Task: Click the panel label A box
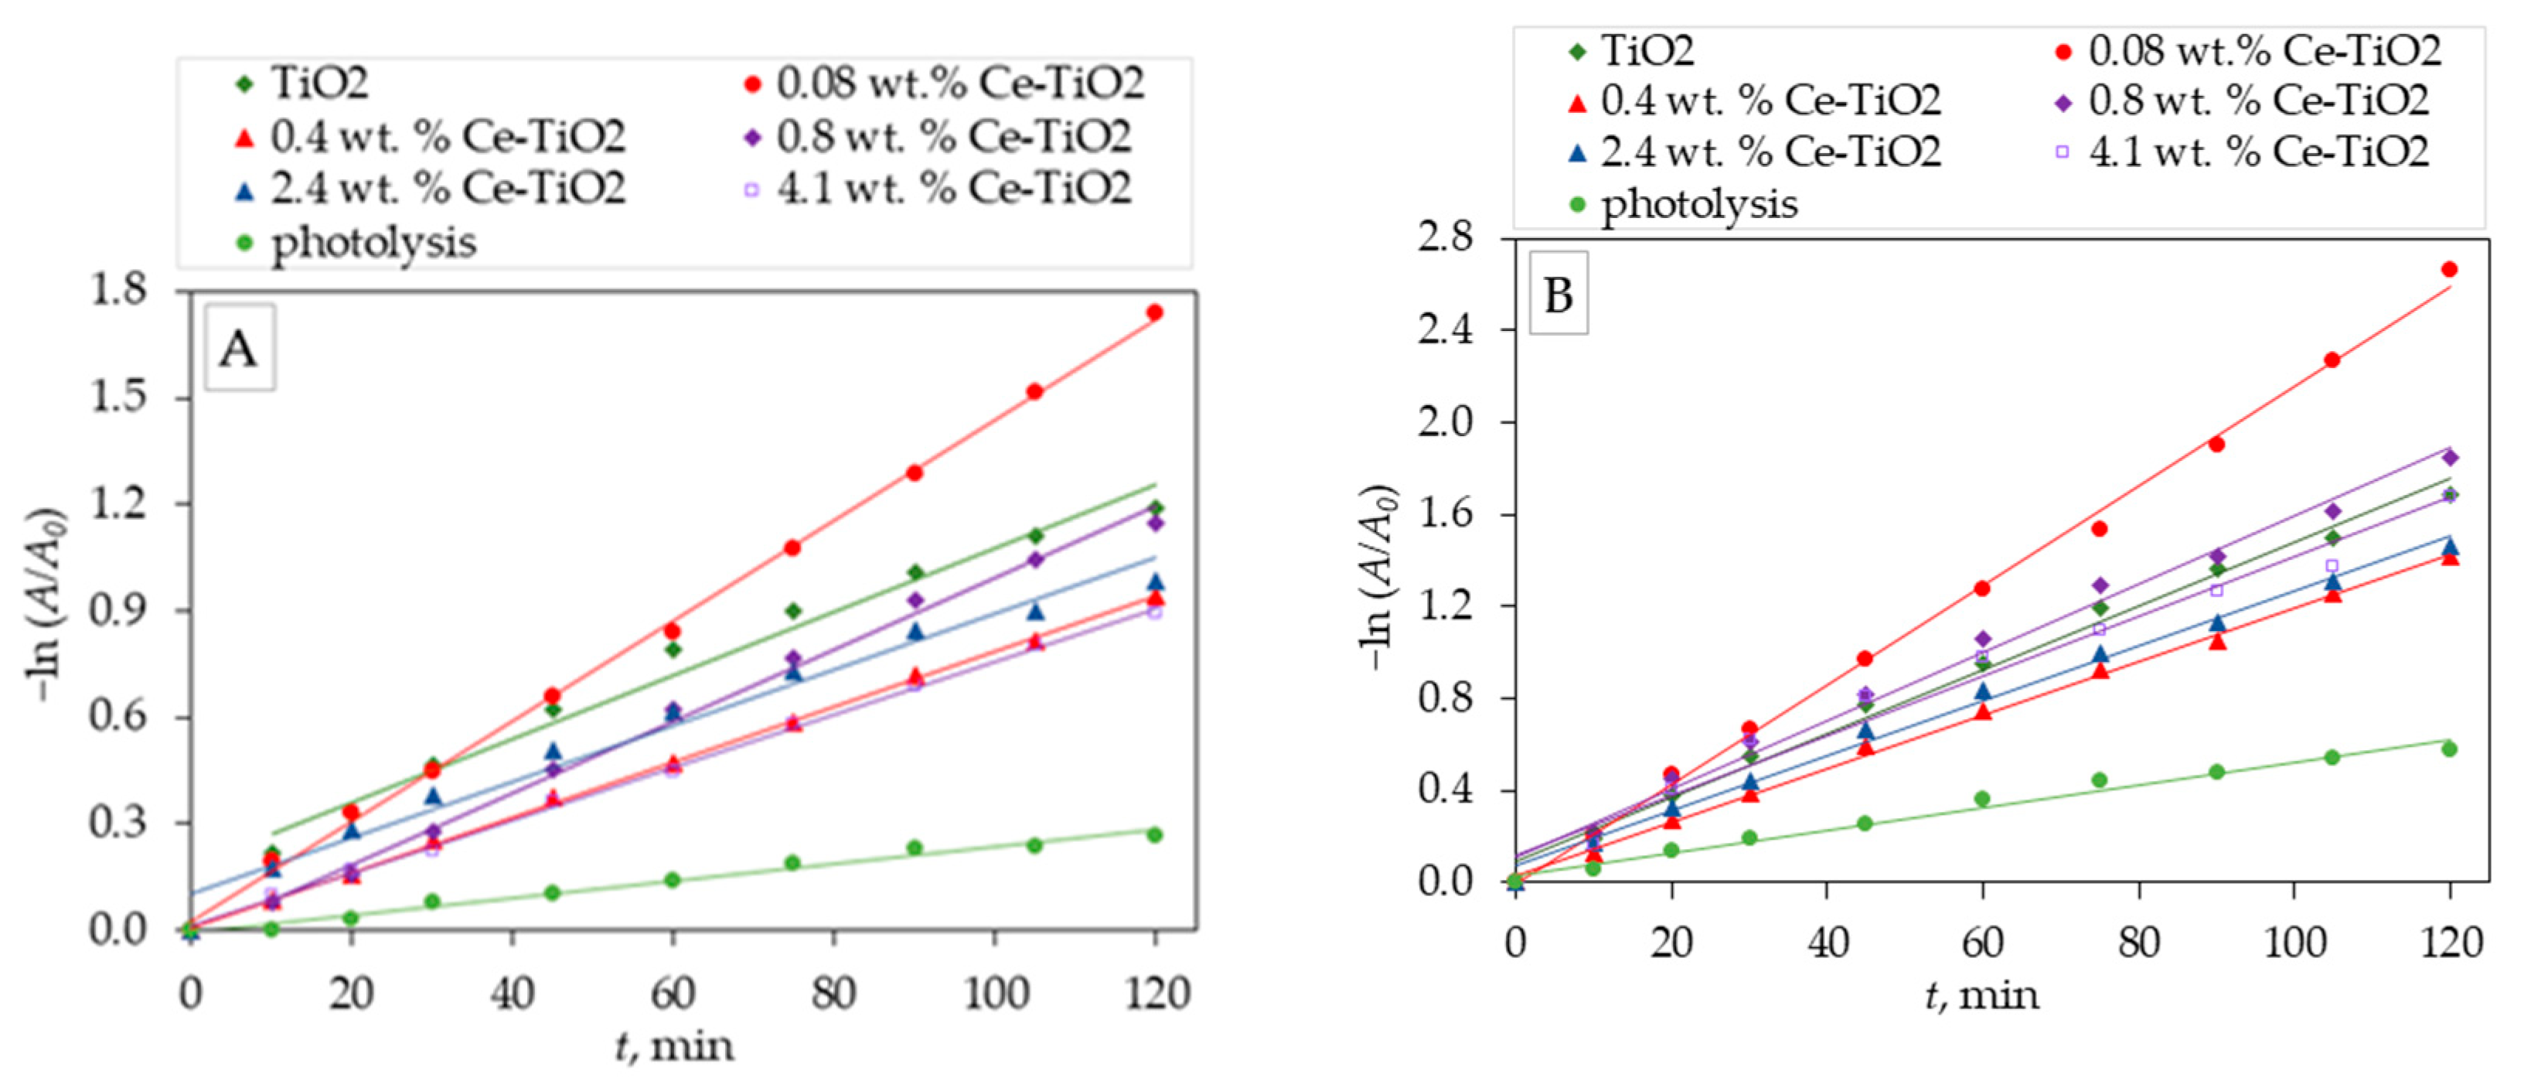tap(239, 347)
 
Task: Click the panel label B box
tap(1557, 293)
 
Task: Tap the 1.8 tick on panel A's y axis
tap(118, 291)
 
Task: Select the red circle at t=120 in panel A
tap(1154, 312)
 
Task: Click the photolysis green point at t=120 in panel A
tap(1154, 835)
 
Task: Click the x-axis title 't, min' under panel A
tap(674, 1045)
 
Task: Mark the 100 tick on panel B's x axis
tap(2293, 943)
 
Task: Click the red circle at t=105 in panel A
tap(1034, 392)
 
